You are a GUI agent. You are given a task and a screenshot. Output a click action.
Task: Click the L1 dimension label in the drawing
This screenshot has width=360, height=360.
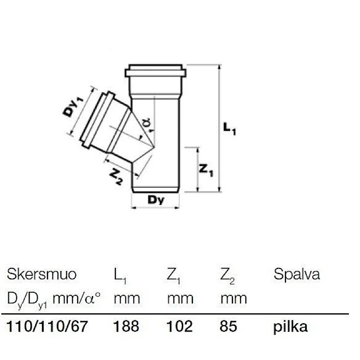pyautogui.click(x=229, y=129)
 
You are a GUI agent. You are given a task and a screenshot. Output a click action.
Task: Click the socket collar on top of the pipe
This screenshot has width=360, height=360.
pyautogui.click(x=155, y=72)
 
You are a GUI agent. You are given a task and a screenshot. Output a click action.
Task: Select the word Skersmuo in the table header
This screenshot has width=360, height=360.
pyautogui.click(x=42, y=274)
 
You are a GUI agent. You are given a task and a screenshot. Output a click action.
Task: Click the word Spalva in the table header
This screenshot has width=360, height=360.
pyautogui.click(x=297, y=274)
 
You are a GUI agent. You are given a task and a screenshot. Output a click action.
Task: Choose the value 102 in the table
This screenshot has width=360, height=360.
pyautogui.click(x=180, y=326)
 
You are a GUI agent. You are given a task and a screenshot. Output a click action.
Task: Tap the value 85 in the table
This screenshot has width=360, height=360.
pyautogui.click(x=229, y=326)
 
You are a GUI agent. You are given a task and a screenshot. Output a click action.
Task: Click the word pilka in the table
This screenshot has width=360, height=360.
pyautogui.click(x=291, y=326)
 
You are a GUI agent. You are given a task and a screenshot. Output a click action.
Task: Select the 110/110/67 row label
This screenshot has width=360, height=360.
pyautogui.click(x=46, y=326)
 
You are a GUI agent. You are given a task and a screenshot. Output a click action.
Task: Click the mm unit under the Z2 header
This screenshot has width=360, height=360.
pyautogui.click(x=234, y=298)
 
